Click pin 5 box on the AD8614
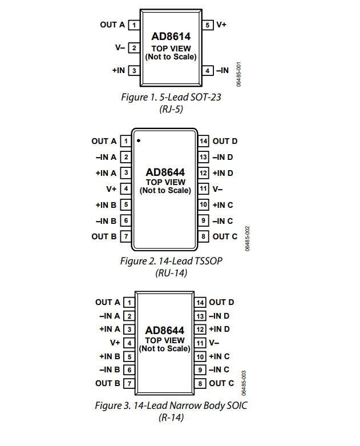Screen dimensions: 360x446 [208, 25]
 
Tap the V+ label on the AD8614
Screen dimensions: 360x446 [221, 25]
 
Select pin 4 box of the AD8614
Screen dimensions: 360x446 [208, 71]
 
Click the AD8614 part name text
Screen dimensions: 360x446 [171, 37]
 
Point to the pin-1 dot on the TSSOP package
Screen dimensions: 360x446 [139, 140]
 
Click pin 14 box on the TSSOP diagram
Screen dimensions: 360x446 [203, 141]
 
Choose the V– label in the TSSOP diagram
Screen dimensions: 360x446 [217, 189]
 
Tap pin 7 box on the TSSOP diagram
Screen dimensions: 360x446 [126, 236]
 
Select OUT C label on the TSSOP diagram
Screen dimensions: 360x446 [225, 236]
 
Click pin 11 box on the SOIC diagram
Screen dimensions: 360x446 [200, 343]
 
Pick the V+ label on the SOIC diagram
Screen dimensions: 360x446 [115, 343]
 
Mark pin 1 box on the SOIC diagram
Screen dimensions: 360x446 [130, 302]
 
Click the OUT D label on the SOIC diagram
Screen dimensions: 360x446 [221, 302]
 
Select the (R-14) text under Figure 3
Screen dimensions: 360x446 [171, 417]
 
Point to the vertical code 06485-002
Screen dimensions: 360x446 [247, 239]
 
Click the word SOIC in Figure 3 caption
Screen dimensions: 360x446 [237, 405]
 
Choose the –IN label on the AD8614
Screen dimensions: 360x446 [222, 70]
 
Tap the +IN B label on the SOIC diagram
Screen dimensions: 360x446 [110, 356]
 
